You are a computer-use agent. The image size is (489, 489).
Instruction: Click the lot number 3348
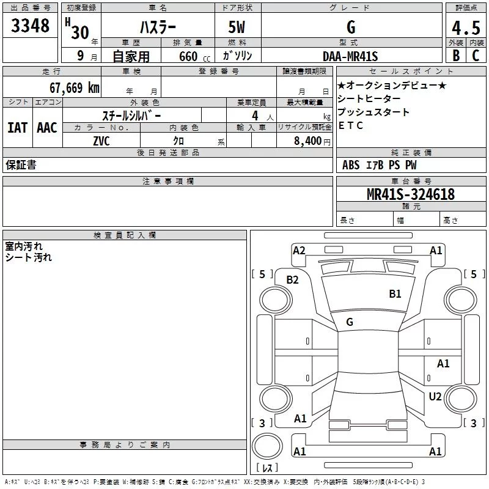pos(30,25)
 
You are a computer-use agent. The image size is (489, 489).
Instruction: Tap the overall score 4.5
pos(466,28)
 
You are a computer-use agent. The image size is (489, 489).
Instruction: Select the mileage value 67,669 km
pos(75,87)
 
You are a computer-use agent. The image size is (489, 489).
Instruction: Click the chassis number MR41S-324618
pos(411,194)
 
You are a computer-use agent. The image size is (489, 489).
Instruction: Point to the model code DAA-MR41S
pos(350,56)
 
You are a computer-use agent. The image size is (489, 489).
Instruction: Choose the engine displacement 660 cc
pos(194,56)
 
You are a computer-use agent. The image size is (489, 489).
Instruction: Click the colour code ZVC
pos(101,141)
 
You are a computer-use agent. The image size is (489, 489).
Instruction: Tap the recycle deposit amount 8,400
pos(308,141)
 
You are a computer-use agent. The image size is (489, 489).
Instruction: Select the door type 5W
pos(237,27)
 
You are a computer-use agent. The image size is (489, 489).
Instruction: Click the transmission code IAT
pos(18,128)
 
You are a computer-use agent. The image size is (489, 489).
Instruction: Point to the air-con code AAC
pos(47,128)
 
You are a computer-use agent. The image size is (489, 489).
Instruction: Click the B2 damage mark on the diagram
pos(293,280)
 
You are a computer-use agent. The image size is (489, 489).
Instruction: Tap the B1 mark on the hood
pos(395,293)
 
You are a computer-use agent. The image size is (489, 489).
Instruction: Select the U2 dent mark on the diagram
pos(435,396)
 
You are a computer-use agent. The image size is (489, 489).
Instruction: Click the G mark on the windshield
pos(350,322)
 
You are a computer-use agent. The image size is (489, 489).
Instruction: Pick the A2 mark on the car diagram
pos(299,251)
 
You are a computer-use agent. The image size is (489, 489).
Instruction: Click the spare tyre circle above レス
pos(267,446)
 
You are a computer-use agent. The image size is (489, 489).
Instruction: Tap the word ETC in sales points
pos(350,125)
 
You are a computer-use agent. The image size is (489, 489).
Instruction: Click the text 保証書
pos(21,164)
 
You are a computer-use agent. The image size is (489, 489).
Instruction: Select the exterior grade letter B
pos(456,56)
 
